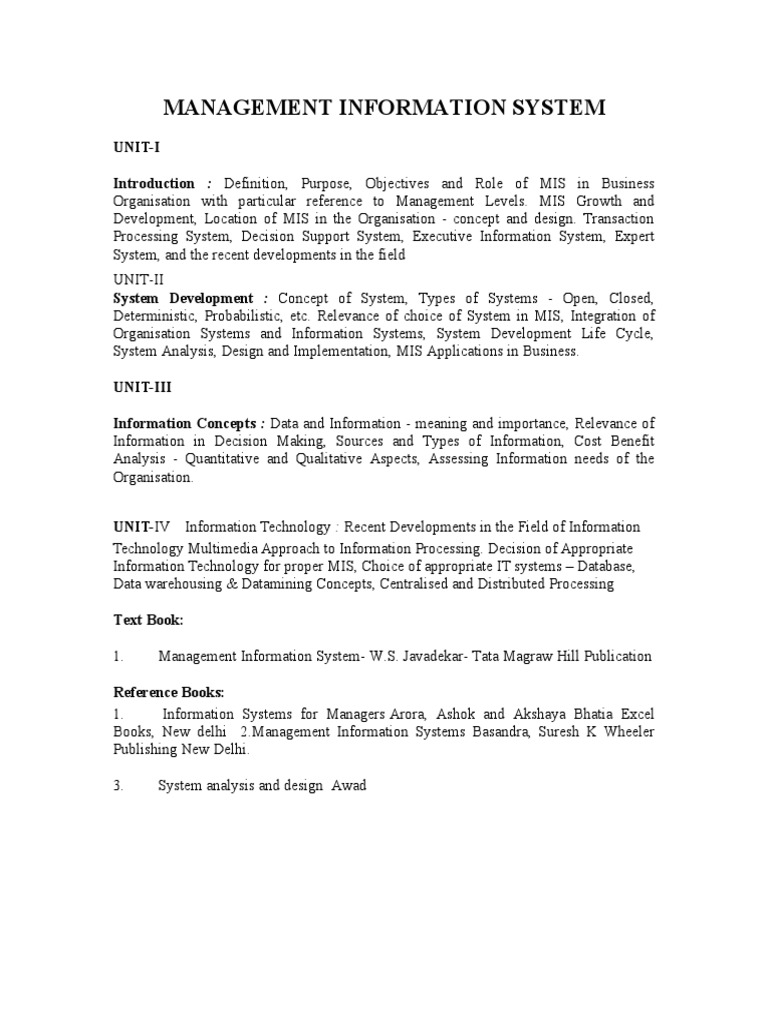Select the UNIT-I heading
136,147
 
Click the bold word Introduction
154,184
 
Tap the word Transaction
619,219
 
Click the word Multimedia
231,549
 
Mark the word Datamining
285,583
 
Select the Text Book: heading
148,620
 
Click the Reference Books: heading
168,692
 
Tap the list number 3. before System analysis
118,786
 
